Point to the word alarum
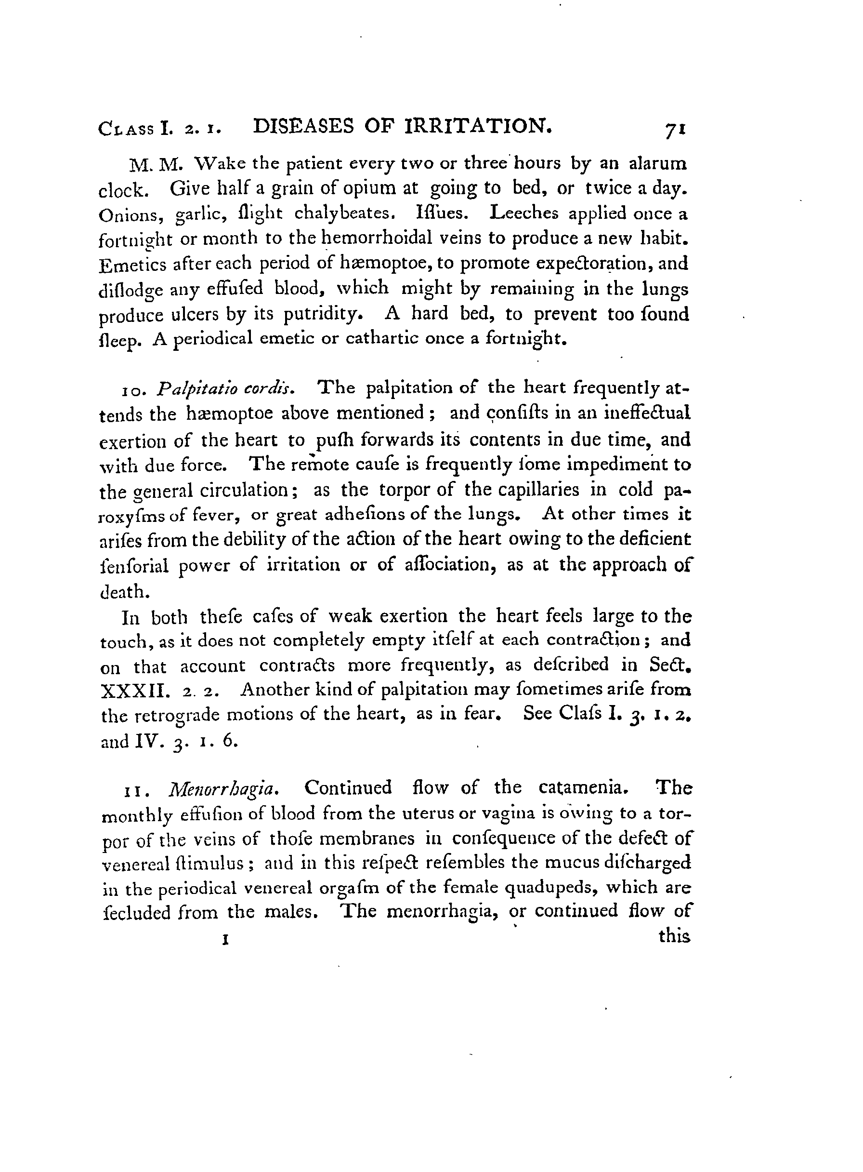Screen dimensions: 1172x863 coord(658,164)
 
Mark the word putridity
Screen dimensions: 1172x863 coord(321,315)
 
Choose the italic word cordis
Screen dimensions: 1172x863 coord(271,388)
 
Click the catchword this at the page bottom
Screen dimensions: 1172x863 coord(674,936)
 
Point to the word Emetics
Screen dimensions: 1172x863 coord(131,265)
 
